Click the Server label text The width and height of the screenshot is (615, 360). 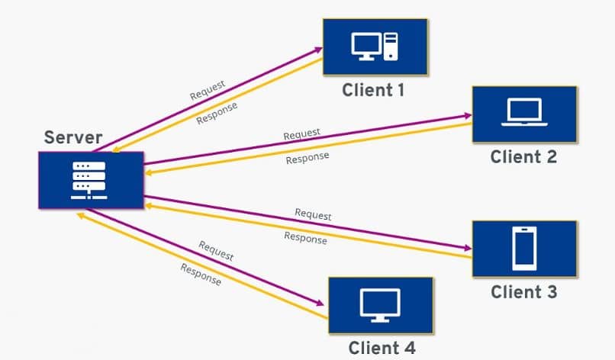pyautogui.click(x=73, y=138)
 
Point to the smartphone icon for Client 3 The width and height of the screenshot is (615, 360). pyautogui.click(x=523, y=248)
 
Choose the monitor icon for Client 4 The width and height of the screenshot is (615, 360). pyautogui.click(x=380, y=304)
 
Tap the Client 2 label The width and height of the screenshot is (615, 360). pyautogui.click(x=523, y=157)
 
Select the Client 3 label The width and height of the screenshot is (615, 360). pyautogui.click(x=523, y=291)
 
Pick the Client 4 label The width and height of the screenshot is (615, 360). pyautogui.click(x=382, y=347)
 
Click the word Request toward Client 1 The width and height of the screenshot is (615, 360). pyautogui.click(x=206, y=91)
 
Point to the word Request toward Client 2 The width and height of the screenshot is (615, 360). pyautogui.click(x=302, y=134)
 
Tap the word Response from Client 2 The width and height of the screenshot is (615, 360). pyautogui.click(x=307, y=158)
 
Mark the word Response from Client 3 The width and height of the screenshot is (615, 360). pyautogui.click(x=305, y=238)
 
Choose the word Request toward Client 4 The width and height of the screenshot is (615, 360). pyautogui.click(x=216, y=250)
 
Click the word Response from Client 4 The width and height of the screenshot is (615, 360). pyautogui.click(x=201, y=274)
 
